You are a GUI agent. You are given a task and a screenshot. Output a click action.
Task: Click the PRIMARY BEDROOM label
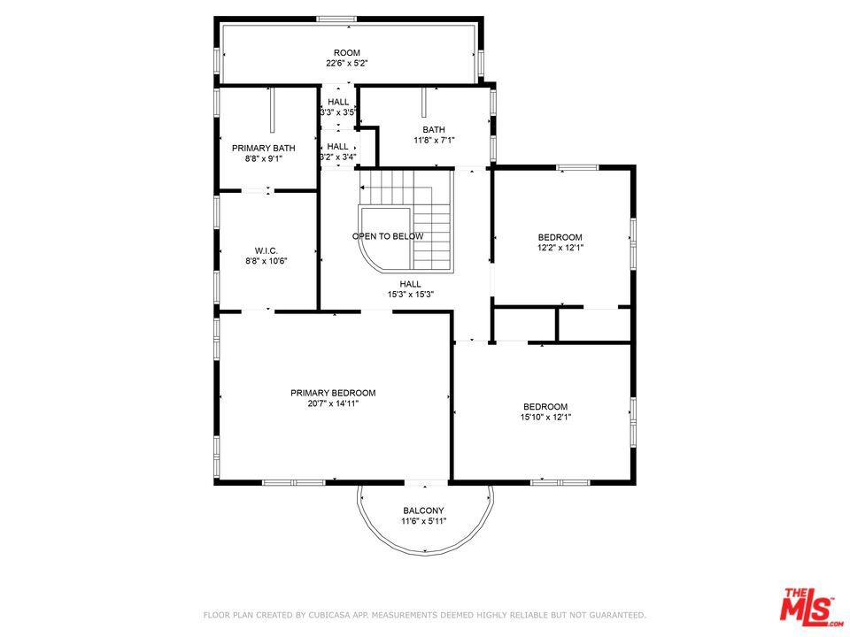coord(333,393)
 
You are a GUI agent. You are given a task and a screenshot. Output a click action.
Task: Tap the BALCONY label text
coord(423,510)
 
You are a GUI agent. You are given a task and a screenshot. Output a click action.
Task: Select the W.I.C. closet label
coord(267,250)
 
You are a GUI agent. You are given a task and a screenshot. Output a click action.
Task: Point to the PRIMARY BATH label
coord(264,148)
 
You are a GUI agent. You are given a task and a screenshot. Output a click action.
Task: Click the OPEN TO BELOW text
coord(388,236)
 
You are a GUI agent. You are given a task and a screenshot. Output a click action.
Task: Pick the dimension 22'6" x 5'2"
coord(347,63)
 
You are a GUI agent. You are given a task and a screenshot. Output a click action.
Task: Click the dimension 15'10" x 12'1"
coord(545,417)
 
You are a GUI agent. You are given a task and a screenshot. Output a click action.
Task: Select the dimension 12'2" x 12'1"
coord(560,248)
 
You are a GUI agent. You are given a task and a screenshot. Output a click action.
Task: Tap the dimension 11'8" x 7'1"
coord(434,141)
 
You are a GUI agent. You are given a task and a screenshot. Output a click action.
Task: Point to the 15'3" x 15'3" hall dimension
coord(410,295)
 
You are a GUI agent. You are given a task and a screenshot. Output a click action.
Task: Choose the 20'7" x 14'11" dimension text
coord(333,403)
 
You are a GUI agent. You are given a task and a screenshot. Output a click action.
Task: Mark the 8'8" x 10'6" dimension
coord(267,260)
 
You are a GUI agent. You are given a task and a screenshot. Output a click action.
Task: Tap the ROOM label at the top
coord(347,52)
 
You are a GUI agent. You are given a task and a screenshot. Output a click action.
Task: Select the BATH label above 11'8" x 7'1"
coord(434,129)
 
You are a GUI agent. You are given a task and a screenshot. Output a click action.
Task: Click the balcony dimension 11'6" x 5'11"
coord(423,521)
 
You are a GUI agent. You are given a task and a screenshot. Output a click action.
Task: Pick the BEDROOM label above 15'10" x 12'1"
coord(545,406)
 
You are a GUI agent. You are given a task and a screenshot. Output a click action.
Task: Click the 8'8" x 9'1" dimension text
coord(264,158)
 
